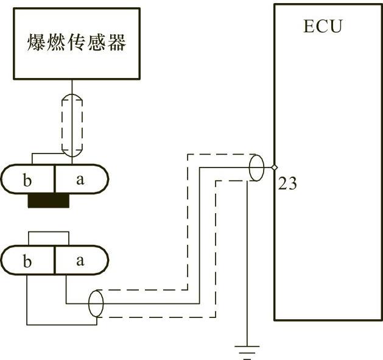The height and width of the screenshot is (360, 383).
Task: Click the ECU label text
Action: [323, 27]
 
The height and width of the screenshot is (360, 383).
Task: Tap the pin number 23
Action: [287, 183]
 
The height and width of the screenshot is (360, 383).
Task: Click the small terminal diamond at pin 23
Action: [275, 168]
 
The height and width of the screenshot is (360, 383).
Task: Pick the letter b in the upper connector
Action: [26, 181]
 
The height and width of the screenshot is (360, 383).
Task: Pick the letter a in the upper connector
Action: [80, 180]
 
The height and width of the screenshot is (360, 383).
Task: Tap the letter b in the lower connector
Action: [26, 262]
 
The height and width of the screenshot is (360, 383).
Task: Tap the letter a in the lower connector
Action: [80, 261]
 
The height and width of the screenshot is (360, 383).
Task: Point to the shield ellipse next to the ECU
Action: [256, 168]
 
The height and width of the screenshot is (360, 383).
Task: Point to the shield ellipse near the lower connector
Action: [96, 303]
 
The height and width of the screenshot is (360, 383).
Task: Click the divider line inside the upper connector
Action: [55, 180]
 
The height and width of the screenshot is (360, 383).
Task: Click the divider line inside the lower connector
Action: [55, 261]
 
